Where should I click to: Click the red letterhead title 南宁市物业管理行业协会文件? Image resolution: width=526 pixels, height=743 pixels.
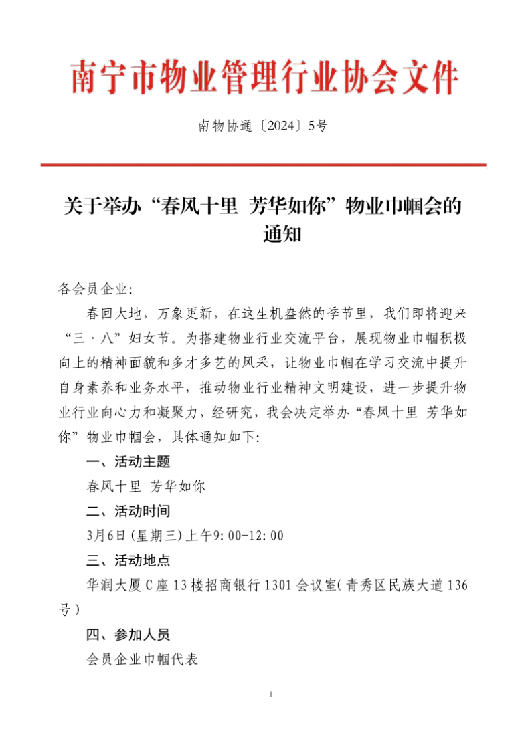tap(264, 78)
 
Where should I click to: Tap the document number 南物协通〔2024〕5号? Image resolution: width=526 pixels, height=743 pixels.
tap(262, 126)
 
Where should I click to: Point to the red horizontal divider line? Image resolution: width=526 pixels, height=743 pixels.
tap(262, 164)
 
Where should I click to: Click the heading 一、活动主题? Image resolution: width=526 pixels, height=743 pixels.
tap(128, 461)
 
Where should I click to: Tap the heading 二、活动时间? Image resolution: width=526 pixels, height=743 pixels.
tap(128, 512)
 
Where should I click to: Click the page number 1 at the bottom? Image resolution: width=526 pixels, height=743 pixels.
tap(270, 694)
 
